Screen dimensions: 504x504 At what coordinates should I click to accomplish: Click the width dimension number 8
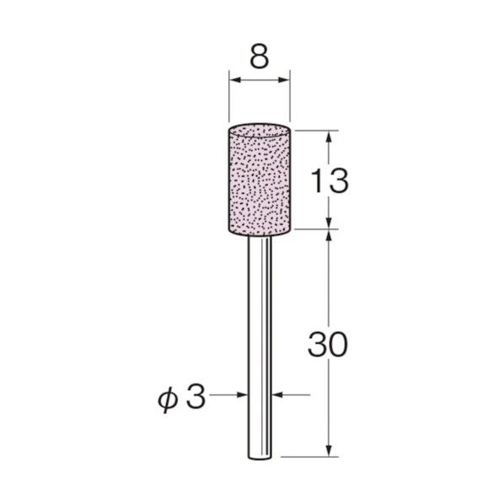(x=259, y=58)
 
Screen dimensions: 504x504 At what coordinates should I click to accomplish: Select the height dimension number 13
(x=330, y=181)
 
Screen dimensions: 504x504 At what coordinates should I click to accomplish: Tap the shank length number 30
(x=328, y=345)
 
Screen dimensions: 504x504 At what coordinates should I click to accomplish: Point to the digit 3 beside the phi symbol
(x=196, y=397)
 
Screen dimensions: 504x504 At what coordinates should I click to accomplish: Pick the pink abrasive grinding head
(x=260, y=180)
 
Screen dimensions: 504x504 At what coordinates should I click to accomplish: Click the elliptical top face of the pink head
(x=260, y=130)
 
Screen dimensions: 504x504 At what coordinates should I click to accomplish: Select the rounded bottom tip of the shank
(x=260, y=457)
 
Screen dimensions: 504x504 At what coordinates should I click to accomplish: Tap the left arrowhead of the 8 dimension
(x=236, y=80)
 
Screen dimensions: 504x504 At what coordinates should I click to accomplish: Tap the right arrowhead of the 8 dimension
(x=283, y=80)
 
